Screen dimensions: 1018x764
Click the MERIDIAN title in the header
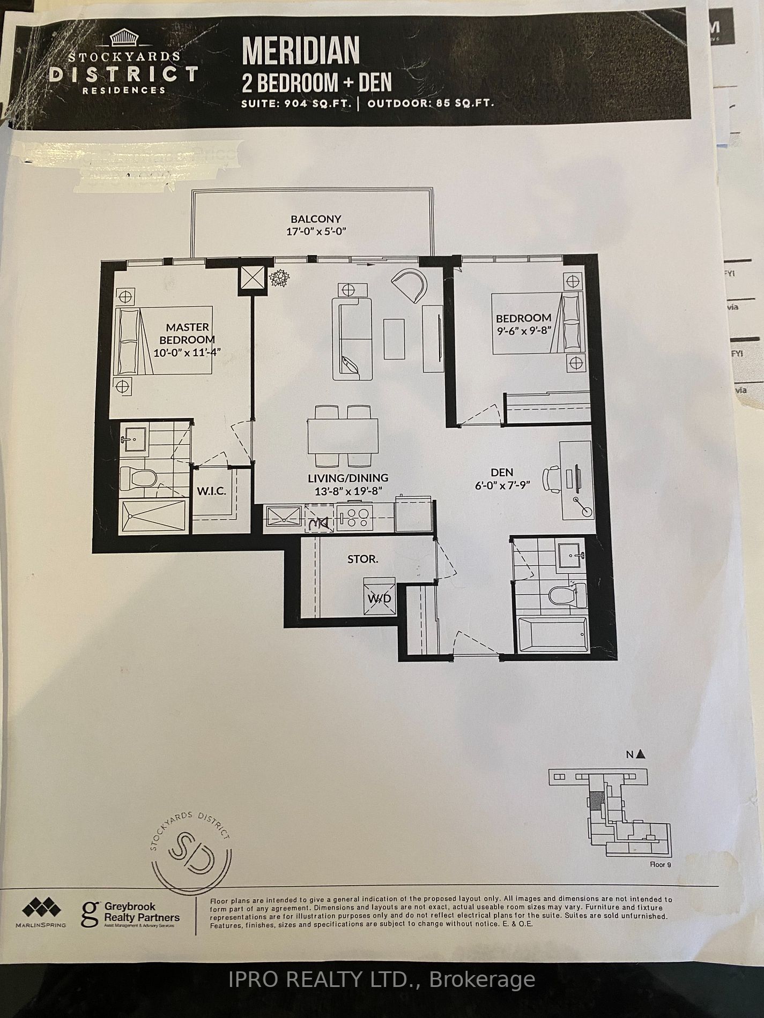[x=301, y=50]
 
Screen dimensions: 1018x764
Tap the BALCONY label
[x=316, y=219]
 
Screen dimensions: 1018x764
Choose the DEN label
[x=502, y=472]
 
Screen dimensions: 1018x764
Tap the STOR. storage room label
[x=363, y=559]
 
